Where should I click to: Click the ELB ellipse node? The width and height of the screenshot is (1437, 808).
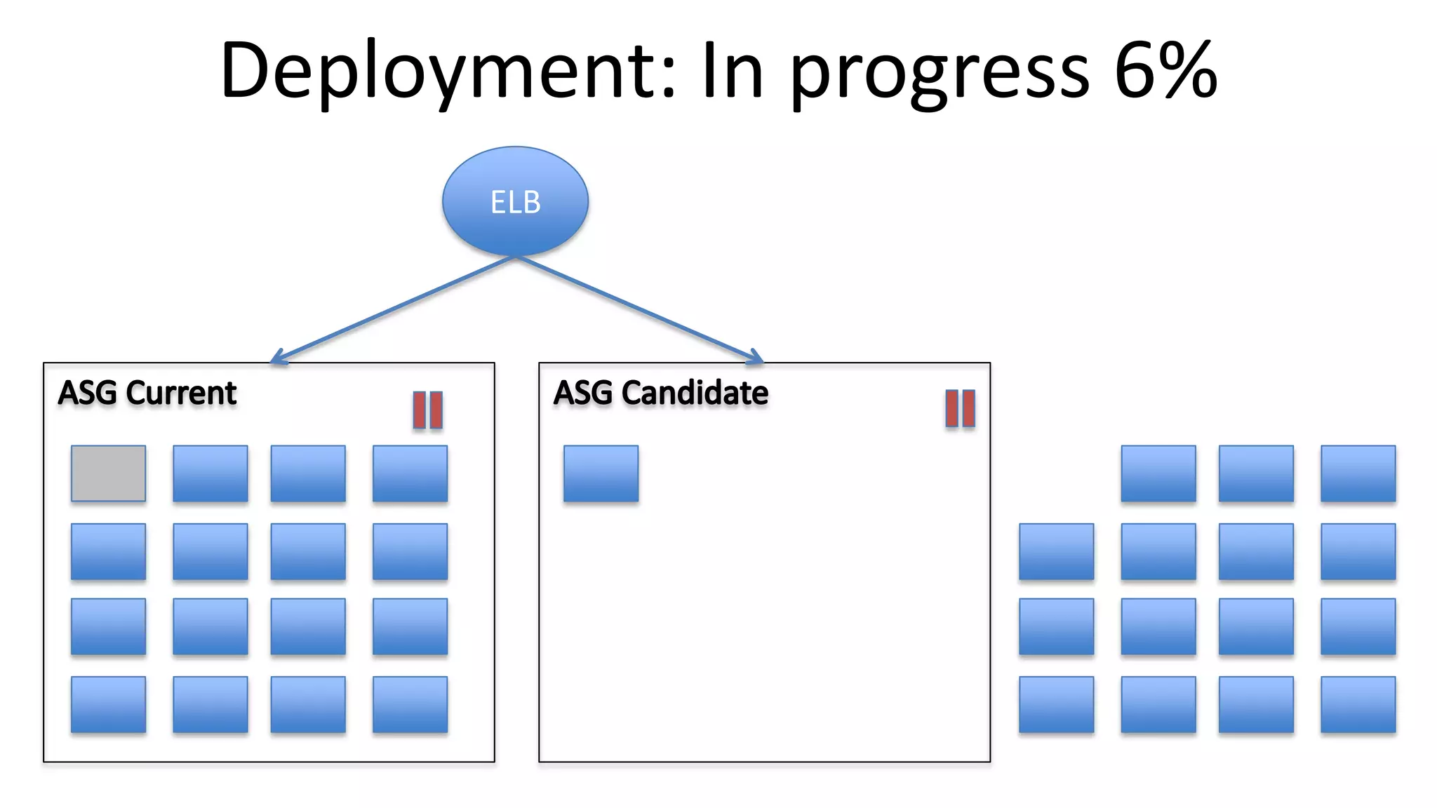tap(515, 201)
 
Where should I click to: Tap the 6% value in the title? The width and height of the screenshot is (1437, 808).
tap(1165, 70)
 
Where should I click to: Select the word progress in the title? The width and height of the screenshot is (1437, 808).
tap(940, 74)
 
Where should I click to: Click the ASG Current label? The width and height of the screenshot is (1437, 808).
tap(147, 393)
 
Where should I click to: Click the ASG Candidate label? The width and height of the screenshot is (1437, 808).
tap(660, 393)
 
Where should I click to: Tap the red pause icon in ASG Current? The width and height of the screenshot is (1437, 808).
tap(427, 410)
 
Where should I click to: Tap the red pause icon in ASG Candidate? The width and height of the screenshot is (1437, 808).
tap(960, 408)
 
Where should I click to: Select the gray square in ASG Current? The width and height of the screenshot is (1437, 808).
tap(108, 473)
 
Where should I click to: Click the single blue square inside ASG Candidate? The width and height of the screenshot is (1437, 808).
tap(601, 473)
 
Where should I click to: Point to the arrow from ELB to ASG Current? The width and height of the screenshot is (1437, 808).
tap(393, 309)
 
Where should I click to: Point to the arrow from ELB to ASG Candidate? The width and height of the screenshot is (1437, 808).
tap(639, 309)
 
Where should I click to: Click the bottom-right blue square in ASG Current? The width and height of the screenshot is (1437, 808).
tap(410, 704)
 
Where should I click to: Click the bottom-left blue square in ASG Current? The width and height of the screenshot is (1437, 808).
tap(108, 704)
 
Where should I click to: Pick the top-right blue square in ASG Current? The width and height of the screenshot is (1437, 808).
tap(410, 473)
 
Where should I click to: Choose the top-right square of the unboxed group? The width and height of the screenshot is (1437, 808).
tap(1358, 473)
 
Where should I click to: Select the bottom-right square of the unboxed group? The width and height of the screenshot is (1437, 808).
tap(1358, 704)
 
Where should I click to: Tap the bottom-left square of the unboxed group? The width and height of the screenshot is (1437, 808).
tap(1056, 704)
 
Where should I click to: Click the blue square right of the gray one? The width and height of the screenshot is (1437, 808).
tap(210, 473)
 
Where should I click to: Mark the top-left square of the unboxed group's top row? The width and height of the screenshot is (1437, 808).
tap(1158, 473)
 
